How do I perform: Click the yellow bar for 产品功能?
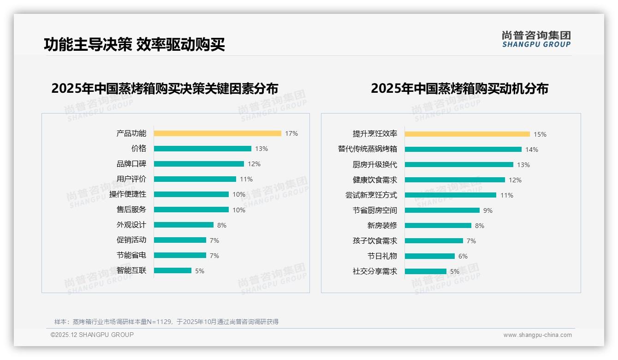tap(217, 133)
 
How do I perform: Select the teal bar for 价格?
tap(202, 149)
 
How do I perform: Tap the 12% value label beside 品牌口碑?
tap(254, 164)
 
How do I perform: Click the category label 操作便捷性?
tap(128, 194)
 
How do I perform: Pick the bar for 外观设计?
tap(184, 225)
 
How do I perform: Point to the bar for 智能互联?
tap(172, 270)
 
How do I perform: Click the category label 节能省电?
tap(131, 255)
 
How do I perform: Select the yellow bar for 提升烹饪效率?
tap(467, 134)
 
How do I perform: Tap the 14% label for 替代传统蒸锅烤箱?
tap(532, 150)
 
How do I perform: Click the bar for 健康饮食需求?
tap(455, 180)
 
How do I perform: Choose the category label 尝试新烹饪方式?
tap(371, 195)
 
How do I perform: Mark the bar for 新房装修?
tap(438, 226)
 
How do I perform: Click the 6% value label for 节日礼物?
tap(463, 256)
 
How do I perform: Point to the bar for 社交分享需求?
tap(425, 271)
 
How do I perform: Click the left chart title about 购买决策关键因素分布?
tap(165, 89)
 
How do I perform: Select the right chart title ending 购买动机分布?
tap(459, 89)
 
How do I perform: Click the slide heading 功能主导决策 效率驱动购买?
tap(134, 45)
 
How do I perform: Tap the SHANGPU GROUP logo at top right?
tap(536, 39)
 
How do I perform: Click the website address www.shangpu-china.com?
tap(537, 335)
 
